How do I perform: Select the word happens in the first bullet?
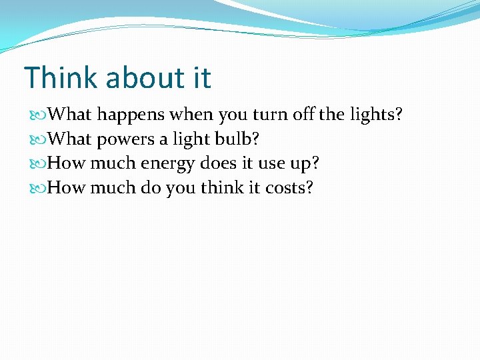click(x=131, y=115)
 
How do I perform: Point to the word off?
click(x=304, y=115)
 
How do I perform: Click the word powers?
click(x=125, y=140)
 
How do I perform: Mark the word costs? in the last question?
click(x=289, y=188)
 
